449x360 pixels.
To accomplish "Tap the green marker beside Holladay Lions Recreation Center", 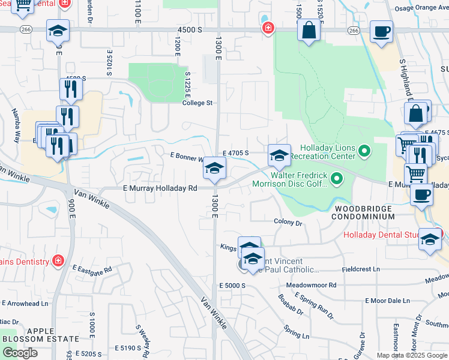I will point(364,149).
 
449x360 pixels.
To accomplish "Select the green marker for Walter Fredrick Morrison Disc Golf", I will point(337,178).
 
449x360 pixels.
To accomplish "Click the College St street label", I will point(197,103).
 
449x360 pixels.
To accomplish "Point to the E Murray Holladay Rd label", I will point(160,188).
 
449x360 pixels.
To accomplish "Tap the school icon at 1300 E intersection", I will point(214,169).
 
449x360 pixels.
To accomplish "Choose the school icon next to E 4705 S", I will point(279,155).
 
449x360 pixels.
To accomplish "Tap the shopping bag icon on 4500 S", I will point(309,31).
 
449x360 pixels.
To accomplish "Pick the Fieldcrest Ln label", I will point(360,269).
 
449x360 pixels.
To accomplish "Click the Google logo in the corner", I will point(20,353).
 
